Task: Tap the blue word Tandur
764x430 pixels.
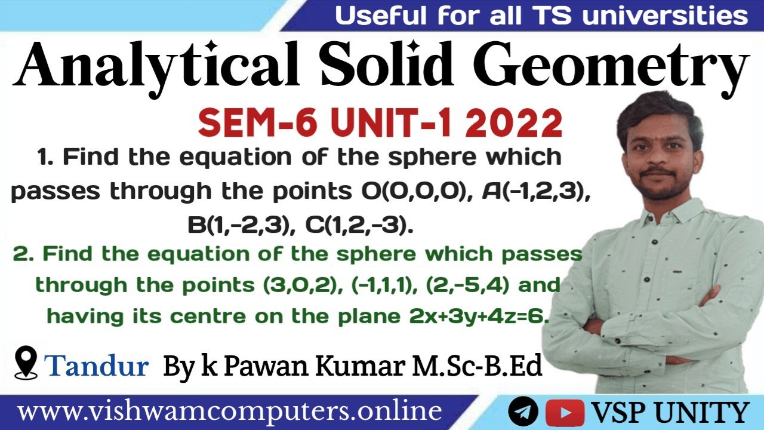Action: [x=96, y=365]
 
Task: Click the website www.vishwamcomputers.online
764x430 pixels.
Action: [x=230, y=412]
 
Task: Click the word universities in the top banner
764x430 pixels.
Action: [x=665, y=16]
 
